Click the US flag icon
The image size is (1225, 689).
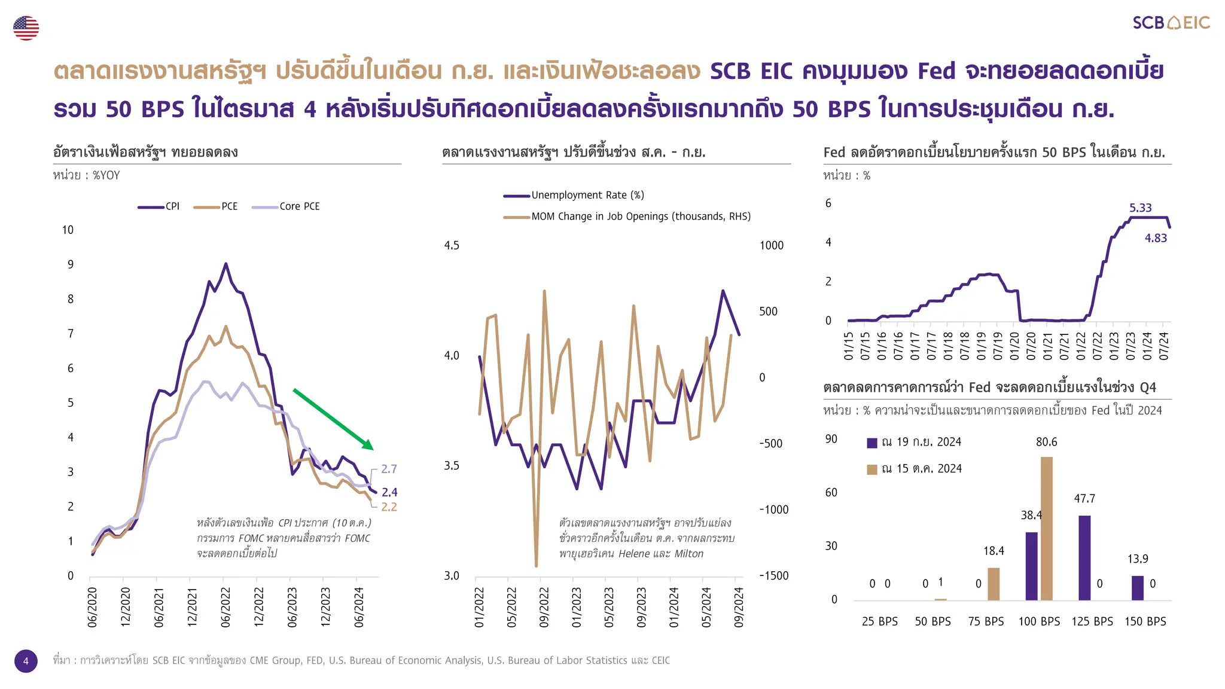26,28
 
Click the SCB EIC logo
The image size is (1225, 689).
1171,23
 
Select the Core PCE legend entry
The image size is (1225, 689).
287,206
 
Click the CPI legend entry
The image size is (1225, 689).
159,206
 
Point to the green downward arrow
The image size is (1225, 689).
333,419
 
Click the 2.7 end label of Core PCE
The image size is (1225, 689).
389,469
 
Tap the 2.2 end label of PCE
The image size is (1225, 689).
389,507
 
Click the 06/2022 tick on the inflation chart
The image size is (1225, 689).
226,607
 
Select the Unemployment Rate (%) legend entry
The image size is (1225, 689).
574,195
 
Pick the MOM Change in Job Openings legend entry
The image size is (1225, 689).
627,217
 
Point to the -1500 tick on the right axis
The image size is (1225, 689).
773,575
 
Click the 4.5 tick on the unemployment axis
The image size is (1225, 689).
452,245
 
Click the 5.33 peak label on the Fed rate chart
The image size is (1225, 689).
1140,208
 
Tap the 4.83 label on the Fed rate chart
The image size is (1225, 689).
1156,238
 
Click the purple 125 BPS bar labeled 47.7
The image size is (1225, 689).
1084,557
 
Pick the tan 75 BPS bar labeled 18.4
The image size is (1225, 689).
994,584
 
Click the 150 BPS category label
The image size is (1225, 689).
1145,621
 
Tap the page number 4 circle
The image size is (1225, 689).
26,661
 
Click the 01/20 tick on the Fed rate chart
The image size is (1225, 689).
1014,346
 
